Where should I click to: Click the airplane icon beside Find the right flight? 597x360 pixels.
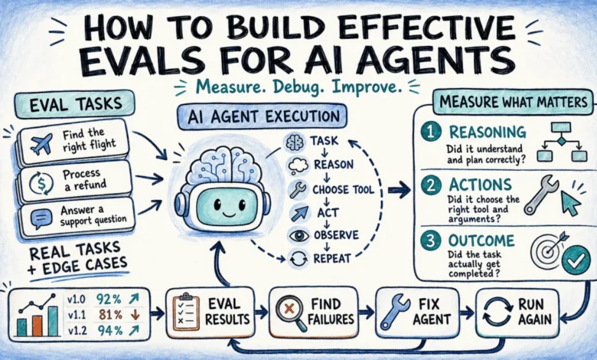point(41,144)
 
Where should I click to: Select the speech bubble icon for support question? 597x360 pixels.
point(41,219)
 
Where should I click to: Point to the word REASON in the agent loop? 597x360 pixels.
point(334,165)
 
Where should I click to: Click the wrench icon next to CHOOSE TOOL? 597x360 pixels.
point(298,189)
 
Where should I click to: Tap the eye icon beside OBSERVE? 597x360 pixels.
point(298,235)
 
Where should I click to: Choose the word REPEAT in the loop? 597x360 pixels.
point(332,259)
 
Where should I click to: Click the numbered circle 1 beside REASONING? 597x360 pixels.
point(431,133)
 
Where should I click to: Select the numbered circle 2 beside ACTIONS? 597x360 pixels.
point(431,185)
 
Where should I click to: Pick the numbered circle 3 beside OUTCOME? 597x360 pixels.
point(431,241)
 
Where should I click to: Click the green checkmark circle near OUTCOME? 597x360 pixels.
point(576,260)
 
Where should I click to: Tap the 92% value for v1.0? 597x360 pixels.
point(109,299)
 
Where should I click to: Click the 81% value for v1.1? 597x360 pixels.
point(110,315)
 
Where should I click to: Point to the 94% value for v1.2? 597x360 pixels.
point(110,331)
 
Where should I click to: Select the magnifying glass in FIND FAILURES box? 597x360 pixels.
point(291,311)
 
